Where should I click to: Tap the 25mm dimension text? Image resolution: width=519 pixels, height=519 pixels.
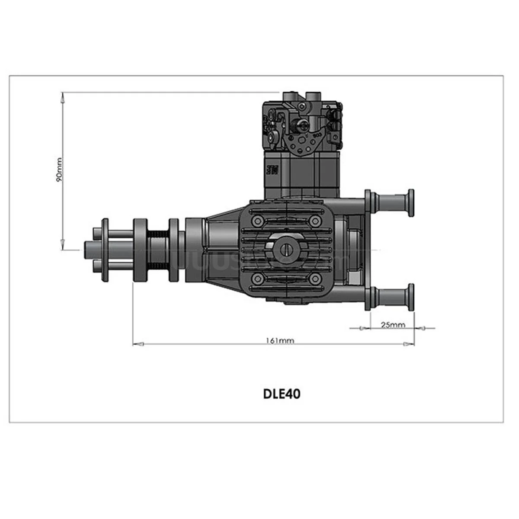[x=393, y=324]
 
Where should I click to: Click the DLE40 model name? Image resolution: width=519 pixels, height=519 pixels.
[x=282, y=394]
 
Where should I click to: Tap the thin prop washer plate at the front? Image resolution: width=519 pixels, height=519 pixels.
[x=105, y=250]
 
